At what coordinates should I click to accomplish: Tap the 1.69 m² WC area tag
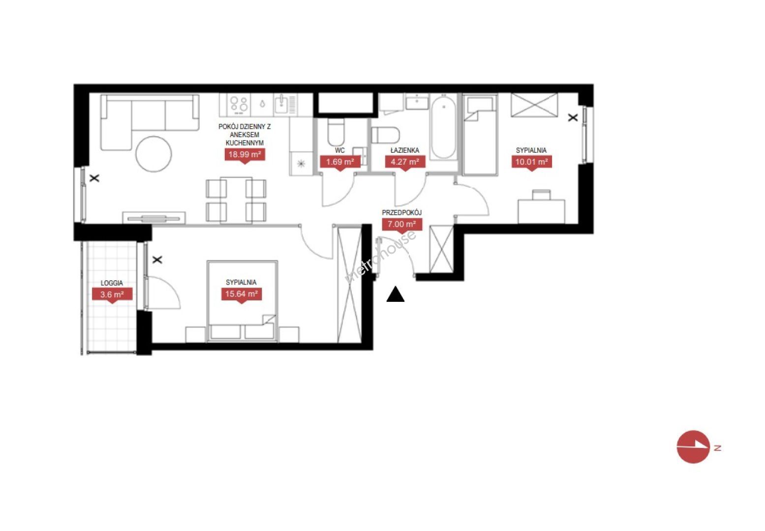pos(340,162)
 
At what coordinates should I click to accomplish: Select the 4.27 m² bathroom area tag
pos(405,162)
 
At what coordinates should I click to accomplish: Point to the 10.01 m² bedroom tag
pos(531,162)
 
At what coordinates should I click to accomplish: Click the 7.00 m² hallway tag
pos(401,225)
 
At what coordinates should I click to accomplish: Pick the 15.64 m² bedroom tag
pos(242,295)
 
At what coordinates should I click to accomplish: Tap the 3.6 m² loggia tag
pos(112,295)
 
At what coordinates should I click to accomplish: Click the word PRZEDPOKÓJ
pos(401,212)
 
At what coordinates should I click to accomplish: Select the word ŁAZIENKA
pos(405,150)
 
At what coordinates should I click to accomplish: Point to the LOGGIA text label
pos(112,283)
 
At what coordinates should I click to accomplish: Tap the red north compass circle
pos(693,447)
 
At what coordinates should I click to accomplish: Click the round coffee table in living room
pos(153,154)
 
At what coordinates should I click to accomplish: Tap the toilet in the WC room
pos(336,132)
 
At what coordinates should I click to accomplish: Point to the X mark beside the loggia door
pos(157,260)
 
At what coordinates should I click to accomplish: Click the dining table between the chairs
pos(236,200)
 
